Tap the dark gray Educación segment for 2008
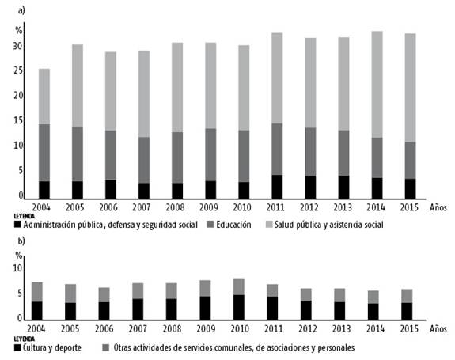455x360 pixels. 176,157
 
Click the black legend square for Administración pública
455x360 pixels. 18,225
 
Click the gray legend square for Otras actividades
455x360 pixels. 106,347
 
